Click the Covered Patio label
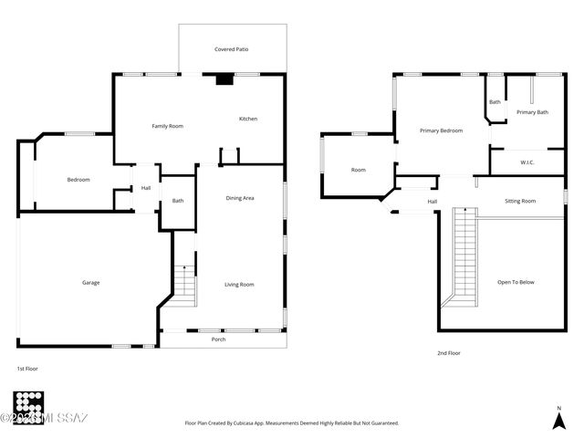point(232,49)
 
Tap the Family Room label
point(167,126)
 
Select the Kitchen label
point(248,120)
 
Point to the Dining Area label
point(240,198)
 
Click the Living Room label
point(239,285)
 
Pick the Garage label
point(91,283)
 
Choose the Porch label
point(219,339)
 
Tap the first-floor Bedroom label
point(78,180)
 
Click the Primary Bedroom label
point(441,130)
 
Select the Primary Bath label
point(532,112)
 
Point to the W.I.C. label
point(527,162)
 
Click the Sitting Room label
point(520,201)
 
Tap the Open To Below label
point(516,282)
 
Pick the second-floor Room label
point(359,170)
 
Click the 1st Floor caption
point(26,368)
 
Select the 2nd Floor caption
point(449,352)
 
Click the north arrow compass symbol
point(558,418)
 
